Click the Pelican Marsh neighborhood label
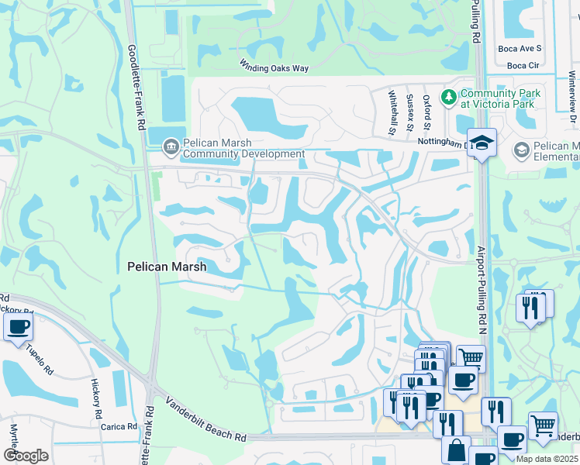pyautogui.click(x=167, y=267)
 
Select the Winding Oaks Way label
pyautogui.click(x=274, y=68)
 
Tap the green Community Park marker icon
pyautogui.click(x=447, y=97)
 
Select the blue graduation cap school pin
pyautogui.click(x=482, y=143)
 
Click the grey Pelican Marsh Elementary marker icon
pyautogui.click(x=522, y=149)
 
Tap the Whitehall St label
pyautogui.click(x=393, y=111)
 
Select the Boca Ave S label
pyautogui.click(x=520, y=48)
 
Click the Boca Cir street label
pyautogui.click(x=523, y=65)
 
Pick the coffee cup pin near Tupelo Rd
pyautogui.click(x=19, y=326)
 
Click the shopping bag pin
pyautogui.click(x=456, y=450)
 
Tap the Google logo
pyautogui.click(x=26, y=456)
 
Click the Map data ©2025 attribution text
pyautogui.click(x=546, y=459)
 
